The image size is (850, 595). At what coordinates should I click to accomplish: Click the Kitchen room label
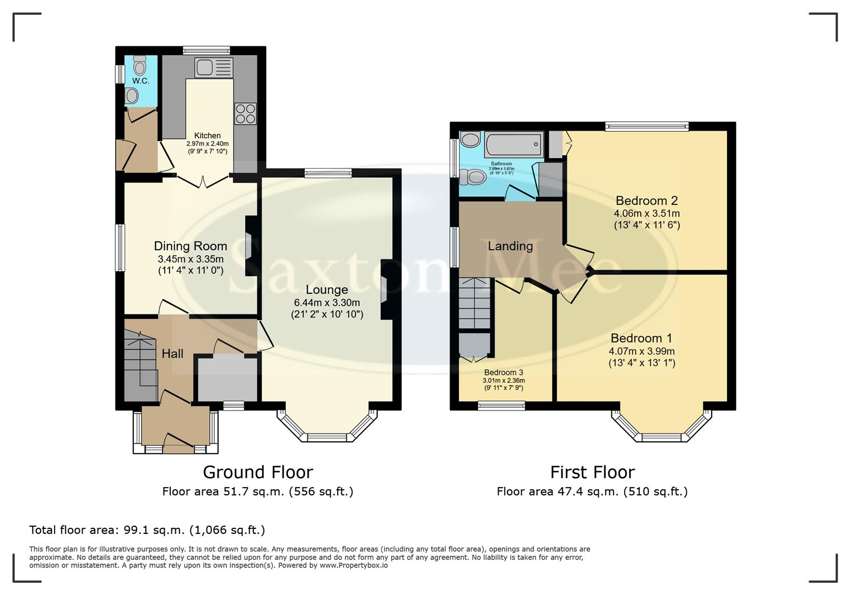click(207, 136)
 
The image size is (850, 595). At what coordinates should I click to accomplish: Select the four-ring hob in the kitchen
click(245, 113)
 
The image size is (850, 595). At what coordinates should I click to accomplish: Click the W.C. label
click(140, 81)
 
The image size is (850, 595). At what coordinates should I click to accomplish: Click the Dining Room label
click(190, 246)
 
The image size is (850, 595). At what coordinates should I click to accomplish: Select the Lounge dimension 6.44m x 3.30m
click(327, 302)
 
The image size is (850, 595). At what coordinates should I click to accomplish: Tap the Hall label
click(172, 354)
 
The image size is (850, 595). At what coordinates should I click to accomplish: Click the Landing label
click(510, 246)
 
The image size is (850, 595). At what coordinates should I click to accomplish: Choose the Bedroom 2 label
click(647, 201)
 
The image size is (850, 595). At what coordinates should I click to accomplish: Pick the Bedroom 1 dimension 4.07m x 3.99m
click(641, 351)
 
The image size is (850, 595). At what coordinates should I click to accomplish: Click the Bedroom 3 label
click(503, 372)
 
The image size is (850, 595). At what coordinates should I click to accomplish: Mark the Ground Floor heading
click(258, 472)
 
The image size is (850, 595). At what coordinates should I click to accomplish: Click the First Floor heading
click(592, 472)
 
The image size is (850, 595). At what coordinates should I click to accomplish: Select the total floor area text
click(147, 530)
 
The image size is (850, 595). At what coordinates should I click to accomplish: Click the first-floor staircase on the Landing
click(474, 304)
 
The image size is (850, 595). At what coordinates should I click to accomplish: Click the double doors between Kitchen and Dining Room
click(202, 181)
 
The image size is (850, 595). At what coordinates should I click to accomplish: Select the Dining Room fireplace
click(250, 246)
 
